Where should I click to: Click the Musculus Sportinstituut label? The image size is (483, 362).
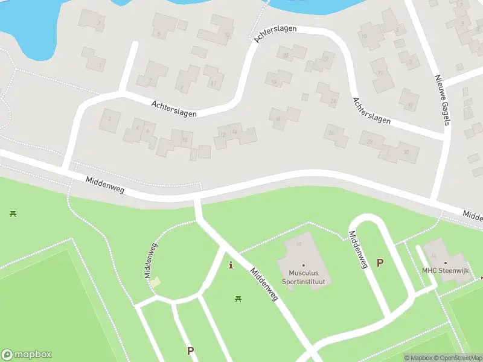[303, 277]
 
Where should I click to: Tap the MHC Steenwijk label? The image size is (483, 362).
[446, 271]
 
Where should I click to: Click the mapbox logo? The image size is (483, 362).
[27, 355]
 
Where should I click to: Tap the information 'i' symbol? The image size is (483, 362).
[230, 264]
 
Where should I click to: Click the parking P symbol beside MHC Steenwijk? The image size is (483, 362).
[380, 262]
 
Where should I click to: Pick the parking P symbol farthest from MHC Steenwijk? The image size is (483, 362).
[191, 351]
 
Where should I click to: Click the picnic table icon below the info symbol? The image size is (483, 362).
[238, 299]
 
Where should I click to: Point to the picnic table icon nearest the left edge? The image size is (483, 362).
[13, 213]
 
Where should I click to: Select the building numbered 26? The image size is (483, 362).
[330, 133]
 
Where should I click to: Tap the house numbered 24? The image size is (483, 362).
[333, 101]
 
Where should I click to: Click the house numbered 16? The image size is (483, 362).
[278, 119]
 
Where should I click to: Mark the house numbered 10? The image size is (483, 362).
[184, 140]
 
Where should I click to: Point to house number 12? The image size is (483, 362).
[223, 134]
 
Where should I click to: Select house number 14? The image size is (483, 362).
[234, 131]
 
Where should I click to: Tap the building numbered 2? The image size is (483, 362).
[110, 118]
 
